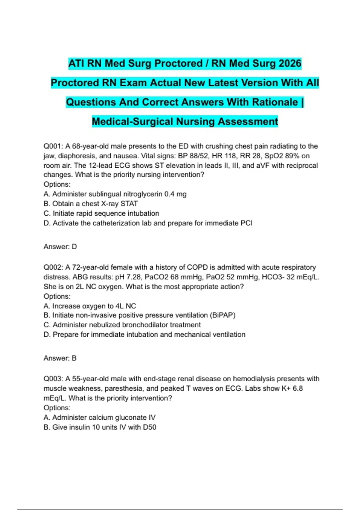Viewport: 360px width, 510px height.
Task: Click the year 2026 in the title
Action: (x=290, y=64)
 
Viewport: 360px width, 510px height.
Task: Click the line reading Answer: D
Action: (x=60, y=247)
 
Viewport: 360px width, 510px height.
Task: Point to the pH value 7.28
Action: (x=134, y=277)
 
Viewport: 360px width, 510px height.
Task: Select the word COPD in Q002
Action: (x=197, y=267)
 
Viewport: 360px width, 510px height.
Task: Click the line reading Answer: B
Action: (x=60, y=358)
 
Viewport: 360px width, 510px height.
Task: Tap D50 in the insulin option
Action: (x=149, y=427)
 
